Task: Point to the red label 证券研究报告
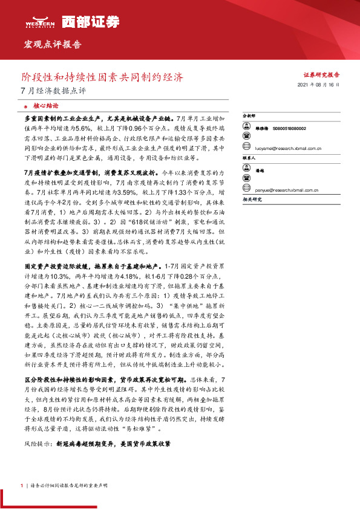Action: (321, 75)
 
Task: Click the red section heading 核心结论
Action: (45, 105)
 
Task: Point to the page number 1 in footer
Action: (21, 485)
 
